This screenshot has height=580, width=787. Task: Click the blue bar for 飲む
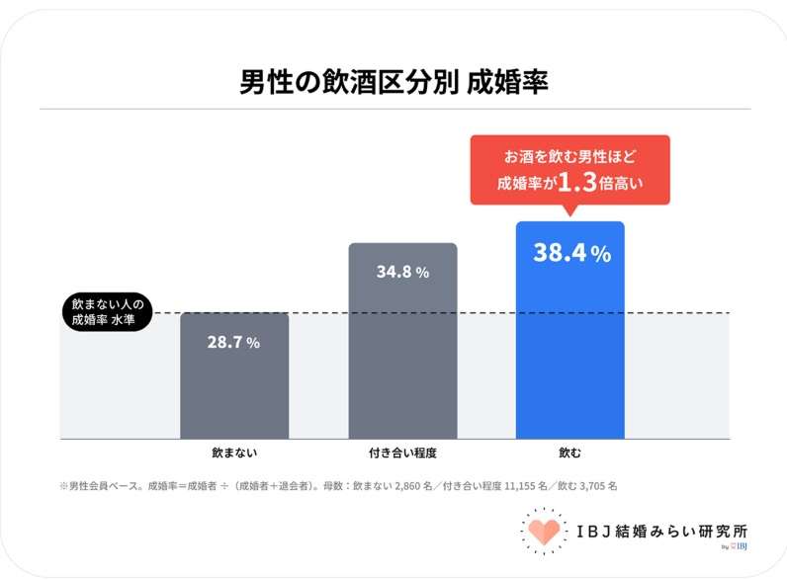point(570,330)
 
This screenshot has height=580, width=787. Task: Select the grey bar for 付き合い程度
point(403,341)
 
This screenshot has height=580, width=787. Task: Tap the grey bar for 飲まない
point(234,375)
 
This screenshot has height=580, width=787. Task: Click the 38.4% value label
point(572,252)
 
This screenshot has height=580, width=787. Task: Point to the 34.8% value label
point(403,272)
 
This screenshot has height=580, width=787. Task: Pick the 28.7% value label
point(234,342)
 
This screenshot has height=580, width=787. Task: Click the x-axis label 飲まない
point(234,453)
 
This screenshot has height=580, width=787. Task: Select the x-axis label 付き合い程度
point(402,453)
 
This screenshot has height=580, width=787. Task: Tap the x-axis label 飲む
point(570,453)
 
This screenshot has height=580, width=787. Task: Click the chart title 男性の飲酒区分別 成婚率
point(393,82)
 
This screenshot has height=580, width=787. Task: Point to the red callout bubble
point(570,170)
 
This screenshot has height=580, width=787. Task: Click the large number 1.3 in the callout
point(577,182)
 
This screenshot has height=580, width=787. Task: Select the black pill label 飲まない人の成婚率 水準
point(108,312)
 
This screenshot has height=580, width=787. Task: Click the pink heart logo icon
point(544,532)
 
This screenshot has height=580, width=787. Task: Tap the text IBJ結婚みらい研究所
point(662,532)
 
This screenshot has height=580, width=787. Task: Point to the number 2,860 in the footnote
point(407,486)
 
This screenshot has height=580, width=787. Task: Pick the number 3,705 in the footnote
point(593,486)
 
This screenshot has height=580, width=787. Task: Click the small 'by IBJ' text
point(735,546)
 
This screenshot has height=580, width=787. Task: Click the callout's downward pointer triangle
point(569,210)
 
